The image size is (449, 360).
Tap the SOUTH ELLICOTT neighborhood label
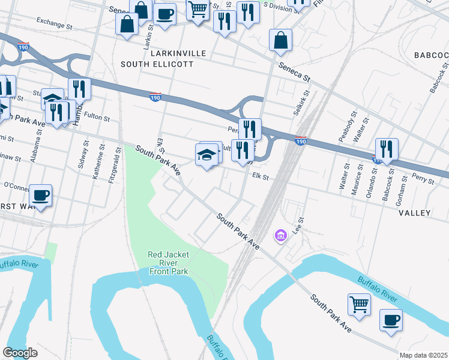(x=157, y=64)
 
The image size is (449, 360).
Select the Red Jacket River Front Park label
(x=168, y=263)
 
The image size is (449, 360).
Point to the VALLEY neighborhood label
(x=414, y=213)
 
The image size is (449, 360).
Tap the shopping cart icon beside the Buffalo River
(x=359, y=304)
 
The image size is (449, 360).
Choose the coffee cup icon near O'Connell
(x=40, y=195)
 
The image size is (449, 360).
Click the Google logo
(x=20, y=353)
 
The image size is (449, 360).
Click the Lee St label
(x=296, y=226)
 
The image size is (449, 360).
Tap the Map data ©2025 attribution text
(x=423, y=355)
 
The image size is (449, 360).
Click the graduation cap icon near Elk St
(x=206, y=155)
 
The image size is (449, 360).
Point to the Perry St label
(x=424, y=177)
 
